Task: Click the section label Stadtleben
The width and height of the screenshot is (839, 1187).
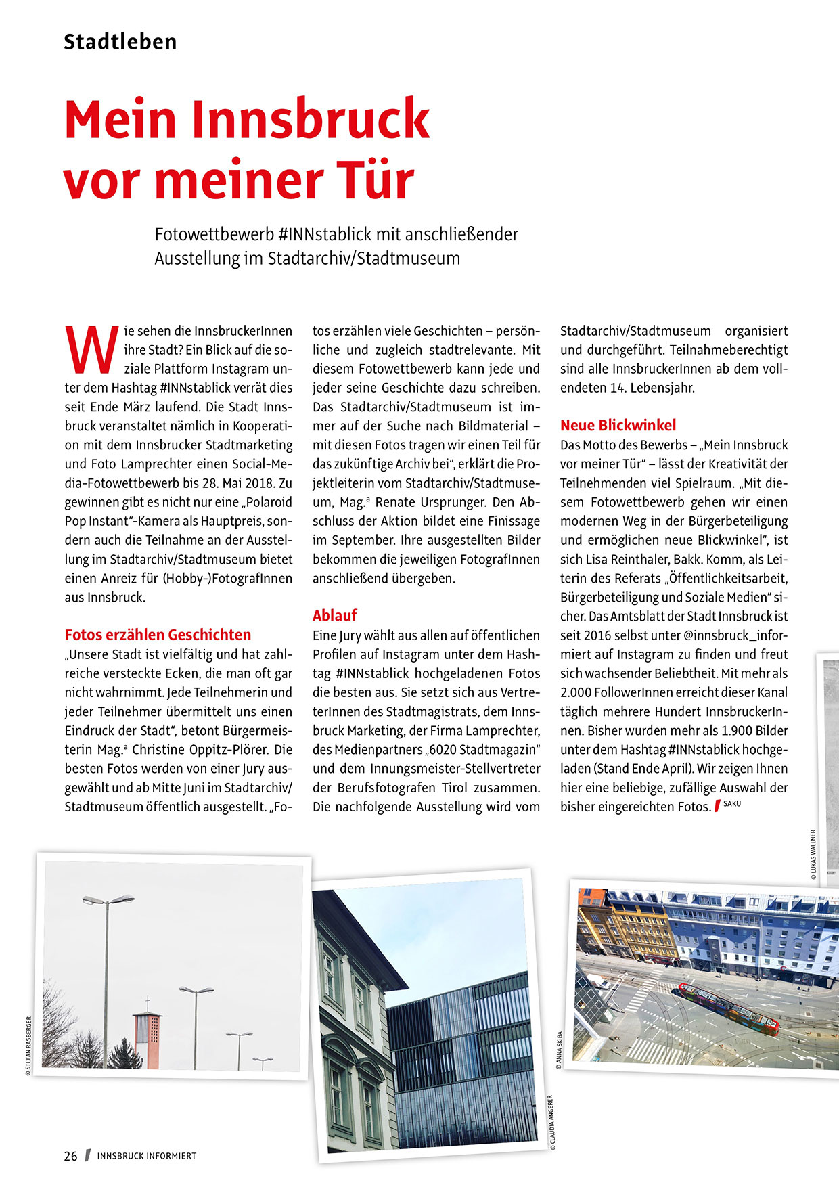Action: pyautogui.click(x=120, y=42)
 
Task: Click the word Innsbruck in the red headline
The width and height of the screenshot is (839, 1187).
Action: pyautogui.click(x=311, y=119)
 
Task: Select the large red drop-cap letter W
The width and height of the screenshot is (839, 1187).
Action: pyautogui.click(x=91, y=349)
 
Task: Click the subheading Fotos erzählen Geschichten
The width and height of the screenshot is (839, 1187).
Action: pyautogui.click(x=158, y=635)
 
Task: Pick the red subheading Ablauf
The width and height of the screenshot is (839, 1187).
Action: pyautogui.click(x=334, y=615)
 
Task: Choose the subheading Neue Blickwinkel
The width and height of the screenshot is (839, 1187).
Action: pyautogui.click(x=618, y=425)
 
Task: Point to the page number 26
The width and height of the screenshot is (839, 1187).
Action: pyautogui.click(x=71, y=1156)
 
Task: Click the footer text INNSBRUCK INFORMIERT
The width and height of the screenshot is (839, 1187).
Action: pyautogui.click(x=147, y=1156)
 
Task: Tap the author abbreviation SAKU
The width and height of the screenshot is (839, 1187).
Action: pyautogui.click(x=732, y=804)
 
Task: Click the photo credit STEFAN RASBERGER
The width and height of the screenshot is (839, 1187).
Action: pyautogui.click(x=28, y=1046)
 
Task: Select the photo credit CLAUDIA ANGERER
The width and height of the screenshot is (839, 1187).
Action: pyautogui.click(x=552, y=1123)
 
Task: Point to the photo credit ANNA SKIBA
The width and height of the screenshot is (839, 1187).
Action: pyautogui.click(x=559, y=1050)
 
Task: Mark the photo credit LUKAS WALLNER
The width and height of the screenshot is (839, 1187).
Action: pyautogui.click(x=813, y=854)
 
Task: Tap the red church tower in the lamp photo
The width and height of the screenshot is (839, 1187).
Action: pyautogui.click(x=147, y=1039)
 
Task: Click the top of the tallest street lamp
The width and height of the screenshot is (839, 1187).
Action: pyautogui.click(x=108, y=900)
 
